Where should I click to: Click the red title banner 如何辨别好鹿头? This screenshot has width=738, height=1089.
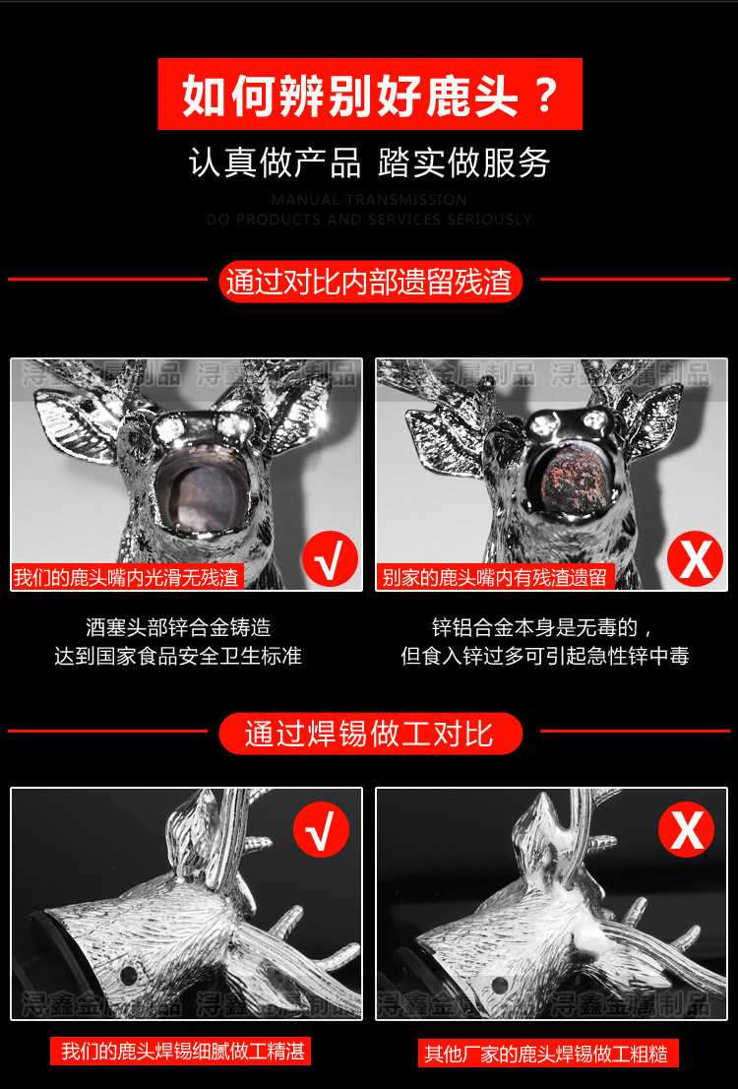pyautogui.click(x=370, y=95)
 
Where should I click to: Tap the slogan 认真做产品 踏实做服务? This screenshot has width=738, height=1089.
pyautogui.click(x=369, y=163)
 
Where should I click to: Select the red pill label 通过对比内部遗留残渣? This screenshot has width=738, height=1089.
pyautogui.click(x=369, y=282)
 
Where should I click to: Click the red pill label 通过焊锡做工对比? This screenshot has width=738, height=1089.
pyautogui.click(x=369, y=734)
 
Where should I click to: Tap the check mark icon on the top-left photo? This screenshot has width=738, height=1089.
pyautogui.click(x=330, y=559)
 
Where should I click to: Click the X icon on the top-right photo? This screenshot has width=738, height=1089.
pyautogui.click(x=696, y=559)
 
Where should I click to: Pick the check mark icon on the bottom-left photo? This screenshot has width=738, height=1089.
pyautogui.click(x=321, y=830)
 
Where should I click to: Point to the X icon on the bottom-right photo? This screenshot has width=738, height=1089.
pyautogui.click(x=687, y=830)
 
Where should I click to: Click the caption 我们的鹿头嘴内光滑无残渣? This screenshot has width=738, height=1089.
pyautogui.click(x=127, y=577)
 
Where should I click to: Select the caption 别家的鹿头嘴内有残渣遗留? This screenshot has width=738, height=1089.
pyautogui.click(x=495, y=577)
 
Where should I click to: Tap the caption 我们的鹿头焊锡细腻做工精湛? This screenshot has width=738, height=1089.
pyautogui.click(x=182, y=1052)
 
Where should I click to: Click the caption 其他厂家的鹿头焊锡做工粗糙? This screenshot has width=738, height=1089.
pyautogui.click(x=546, y=1054)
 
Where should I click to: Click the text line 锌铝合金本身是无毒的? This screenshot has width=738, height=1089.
pyautogui.click(x=543, y=627)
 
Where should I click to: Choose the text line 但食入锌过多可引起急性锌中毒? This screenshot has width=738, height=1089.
pyautogui.click(x=544, y=656)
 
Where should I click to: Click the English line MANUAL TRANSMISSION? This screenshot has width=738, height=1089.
pyautogui.click(x=369, y=200)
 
